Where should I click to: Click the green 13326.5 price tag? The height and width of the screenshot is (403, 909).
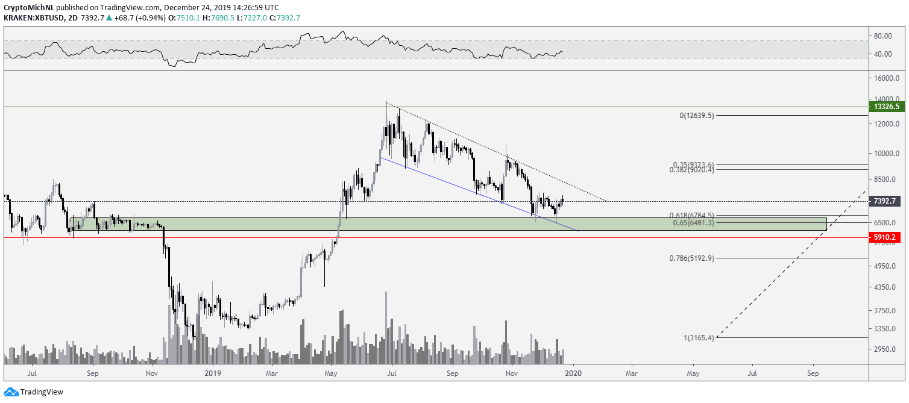[x=887, y=107]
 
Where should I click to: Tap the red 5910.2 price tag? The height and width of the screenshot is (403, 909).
[x=887, y=237]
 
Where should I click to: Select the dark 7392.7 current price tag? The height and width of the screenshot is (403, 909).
[x=887, y=201]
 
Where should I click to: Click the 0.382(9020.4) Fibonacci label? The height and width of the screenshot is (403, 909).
[x=691, y=170]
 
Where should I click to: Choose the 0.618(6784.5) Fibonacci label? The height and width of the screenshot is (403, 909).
[x=691, y=215]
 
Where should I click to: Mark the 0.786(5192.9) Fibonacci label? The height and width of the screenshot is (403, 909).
[x=691, y=258]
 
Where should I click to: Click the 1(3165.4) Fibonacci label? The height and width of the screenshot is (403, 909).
[x=699, y=338]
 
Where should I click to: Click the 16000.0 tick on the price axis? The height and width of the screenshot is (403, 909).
[x=887, y=78]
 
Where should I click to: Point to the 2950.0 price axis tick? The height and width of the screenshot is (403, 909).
[x=887, y=349]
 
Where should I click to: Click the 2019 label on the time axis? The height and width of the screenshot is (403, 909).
[x=212, y=373]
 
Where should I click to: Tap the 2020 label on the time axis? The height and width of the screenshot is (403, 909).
[x=573, y=373]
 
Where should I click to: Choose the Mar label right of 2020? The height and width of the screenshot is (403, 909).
[x=632, y=373]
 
